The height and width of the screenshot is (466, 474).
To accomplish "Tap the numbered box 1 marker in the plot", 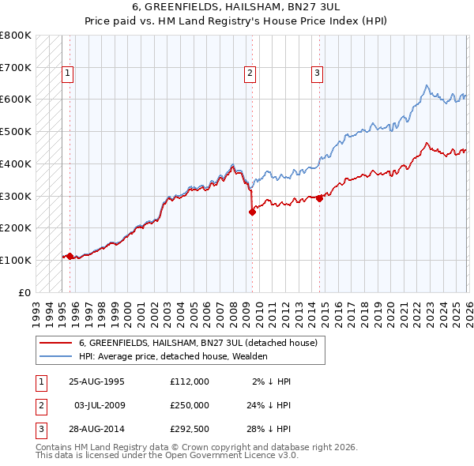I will [x=69, y=73].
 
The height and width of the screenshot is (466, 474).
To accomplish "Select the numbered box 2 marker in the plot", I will [x=250, y=73].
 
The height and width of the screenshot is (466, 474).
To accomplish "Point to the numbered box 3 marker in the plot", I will [x=317, y=73].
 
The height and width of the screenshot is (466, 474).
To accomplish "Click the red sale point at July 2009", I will [x=252, y=212].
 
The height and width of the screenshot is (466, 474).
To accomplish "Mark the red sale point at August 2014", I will [x=320, y=198].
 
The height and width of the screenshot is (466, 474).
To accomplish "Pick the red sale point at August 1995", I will [x=70, y=256].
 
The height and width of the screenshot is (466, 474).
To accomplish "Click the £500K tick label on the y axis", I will [x=16, y=132].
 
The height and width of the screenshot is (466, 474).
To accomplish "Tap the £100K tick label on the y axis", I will [x=16, y=260].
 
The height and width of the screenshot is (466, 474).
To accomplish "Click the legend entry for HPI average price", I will [x=173, y=356].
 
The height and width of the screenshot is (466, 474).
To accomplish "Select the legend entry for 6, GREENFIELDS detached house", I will [x=197, y=343].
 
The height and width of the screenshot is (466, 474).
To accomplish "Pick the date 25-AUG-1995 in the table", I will [x=96, y=381].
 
